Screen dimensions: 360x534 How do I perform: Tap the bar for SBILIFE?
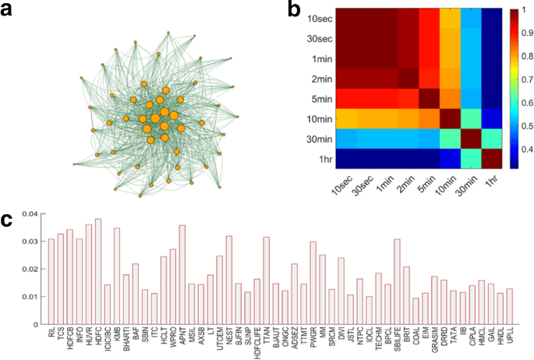(397, 281)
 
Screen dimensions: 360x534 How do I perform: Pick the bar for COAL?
(416, 311)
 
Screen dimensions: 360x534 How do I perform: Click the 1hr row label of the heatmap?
(310, 160)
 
